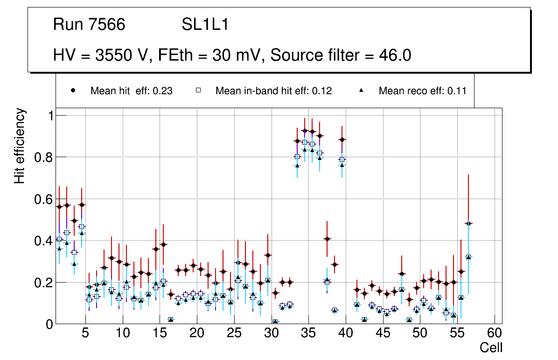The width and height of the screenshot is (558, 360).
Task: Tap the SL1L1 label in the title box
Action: click(205, 25)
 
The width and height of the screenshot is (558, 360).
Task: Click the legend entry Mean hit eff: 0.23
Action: click(131, 91)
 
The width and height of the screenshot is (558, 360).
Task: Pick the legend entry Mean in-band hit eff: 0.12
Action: click(273, 91)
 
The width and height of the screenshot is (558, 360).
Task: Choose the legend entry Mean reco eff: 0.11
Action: click(422, 91)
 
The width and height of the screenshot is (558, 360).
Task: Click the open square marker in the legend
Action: click(198, 91)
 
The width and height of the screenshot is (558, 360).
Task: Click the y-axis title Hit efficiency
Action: click(20, 145)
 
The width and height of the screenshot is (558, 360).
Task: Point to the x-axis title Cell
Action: click(491, 348)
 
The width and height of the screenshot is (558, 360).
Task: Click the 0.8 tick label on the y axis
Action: click(44, 157)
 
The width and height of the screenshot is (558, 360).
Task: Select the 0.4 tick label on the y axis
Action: click(44, 241)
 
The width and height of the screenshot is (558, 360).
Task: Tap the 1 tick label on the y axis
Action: click(49, 116)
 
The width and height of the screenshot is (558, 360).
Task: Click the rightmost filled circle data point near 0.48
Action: click(468, 223)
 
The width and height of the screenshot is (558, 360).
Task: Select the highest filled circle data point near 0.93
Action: click(305, 131)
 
